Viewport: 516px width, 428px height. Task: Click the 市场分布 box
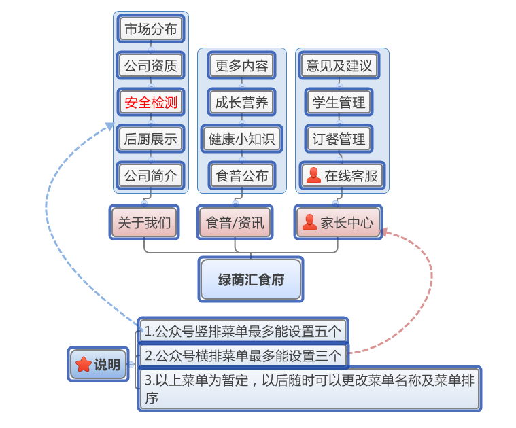coord(150,29)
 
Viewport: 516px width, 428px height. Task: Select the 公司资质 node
coord(150,66)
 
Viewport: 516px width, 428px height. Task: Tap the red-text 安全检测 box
coord(150,103)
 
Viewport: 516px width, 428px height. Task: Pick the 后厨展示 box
coord(150,139)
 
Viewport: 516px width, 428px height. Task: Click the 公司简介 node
coord(150,176)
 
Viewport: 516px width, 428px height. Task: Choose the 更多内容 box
coord(241,66)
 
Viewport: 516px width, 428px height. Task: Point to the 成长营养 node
coord(241,103)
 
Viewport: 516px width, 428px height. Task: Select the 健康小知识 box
coord(241,139)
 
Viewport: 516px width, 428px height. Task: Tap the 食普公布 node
coord(241,176)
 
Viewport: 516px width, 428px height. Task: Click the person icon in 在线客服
coord(313,175)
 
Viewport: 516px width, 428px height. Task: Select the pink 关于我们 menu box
coord(144,222)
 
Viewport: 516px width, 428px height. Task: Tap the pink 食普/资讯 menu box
coord(235,222)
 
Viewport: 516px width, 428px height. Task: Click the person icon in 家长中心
coord(309,222)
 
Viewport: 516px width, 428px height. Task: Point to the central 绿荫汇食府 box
coord(251,279)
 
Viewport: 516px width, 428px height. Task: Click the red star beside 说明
coord(84,364)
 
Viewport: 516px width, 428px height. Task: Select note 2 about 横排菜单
coord(243,355)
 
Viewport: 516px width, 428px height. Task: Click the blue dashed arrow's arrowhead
coord(109,125)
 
